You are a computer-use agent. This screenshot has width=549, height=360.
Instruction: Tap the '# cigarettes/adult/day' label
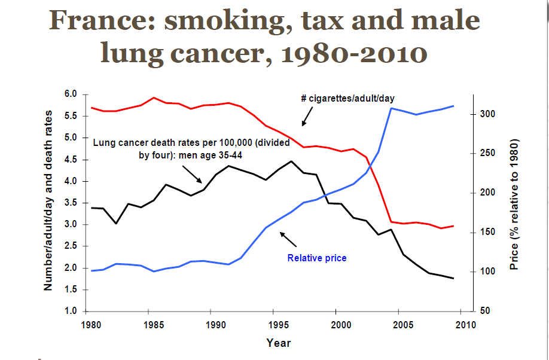[347, 98]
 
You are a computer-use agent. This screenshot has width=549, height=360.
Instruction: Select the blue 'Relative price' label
[317, 258]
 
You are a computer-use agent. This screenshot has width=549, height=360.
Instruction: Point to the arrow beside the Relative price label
[288, 239]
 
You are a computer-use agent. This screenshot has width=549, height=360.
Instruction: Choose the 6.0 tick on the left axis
[71, 94]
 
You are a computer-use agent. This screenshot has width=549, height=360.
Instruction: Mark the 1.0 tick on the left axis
[71, 312]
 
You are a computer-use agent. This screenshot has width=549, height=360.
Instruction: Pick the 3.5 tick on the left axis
[71, 203]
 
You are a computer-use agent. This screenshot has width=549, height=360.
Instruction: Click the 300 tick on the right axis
[486, 114]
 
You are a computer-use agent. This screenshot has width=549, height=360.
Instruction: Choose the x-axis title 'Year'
[279, 343]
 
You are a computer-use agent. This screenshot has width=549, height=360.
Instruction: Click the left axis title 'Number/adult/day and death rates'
[49, 200]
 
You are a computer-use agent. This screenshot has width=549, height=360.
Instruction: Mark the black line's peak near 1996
[291, 161]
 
